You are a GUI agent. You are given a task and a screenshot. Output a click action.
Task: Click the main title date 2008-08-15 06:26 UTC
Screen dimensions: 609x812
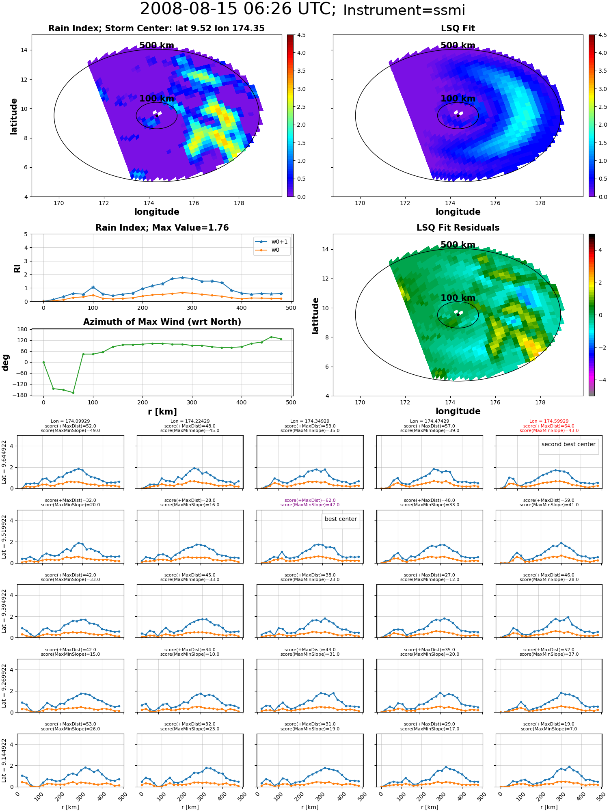tap(238, 9)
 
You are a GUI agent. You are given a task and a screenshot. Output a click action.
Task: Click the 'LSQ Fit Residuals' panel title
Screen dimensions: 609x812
tap(458, 228)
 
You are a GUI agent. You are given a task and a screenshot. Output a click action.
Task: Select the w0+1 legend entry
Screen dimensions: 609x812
tap(272, 242)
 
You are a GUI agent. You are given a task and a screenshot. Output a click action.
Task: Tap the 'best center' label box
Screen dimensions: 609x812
tap(341, 519)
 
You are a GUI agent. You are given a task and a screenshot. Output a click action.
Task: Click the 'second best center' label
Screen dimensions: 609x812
tap(568, 444)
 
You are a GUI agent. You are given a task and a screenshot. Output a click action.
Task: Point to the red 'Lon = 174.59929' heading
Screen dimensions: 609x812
tap(549, 421)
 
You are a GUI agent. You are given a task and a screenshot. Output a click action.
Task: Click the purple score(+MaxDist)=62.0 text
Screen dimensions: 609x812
tap(310, 500)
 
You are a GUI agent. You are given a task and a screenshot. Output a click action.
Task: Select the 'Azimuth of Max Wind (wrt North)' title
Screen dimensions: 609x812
tap(162, 322)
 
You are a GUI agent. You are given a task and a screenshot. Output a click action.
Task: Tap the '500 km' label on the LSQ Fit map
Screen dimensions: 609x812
tap(458, 45)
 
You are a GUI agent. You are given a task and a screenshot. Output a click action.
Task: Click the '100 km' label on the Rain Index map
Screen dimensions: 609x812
tap(157, 99)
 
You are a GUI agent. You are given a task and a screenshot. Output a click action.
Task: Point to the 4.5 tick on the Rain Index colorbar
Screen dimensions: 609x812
tap(301, 35)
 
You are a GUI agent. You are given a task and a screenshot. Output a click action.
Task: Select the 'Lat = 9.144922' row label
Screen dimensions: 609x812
tap(4, 760)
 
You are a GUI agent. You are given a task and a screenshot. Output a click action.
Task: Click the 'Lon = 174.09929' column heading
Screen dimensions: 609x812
tap(70, 421)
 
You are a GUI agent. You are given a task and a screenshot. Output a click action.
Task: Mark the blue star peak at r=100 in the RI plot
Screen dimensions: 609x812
tap(93, 287)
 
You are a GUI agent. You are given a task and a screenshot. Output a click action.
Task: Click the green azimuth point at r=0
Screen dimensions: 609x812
tap(43, 362)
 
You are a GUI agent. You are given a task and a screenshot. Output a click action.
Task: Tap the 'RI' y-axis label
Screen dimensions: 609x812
tap(17, 268)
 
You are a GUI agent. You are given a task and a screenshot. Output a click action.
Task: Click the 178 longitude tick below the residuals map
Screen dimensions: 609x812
tap(540, 402)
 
